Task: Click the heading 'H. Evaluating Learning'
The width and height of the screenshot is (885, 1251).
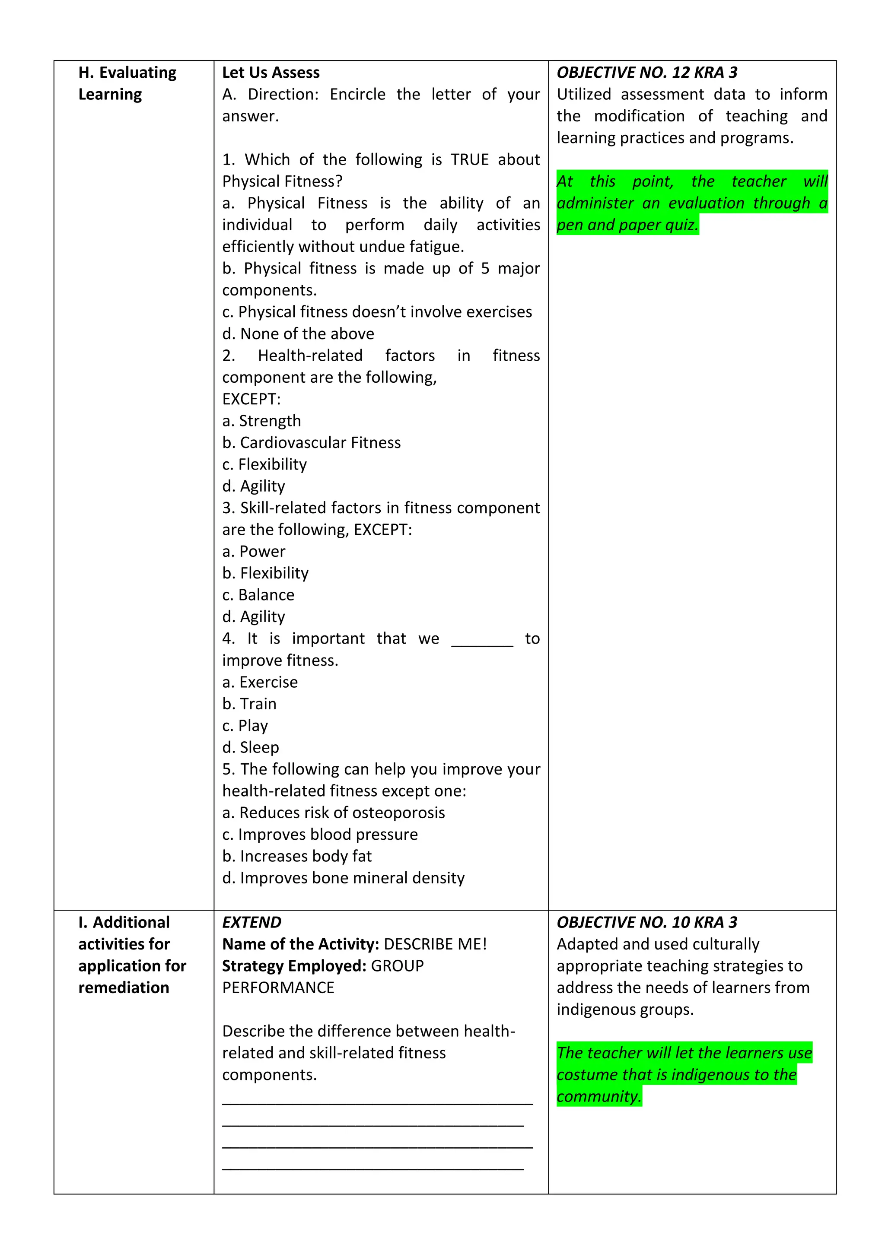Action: (x=127, y=83)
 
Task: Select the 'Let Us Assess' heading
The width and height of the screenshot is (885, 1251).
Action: (x=271, y=73)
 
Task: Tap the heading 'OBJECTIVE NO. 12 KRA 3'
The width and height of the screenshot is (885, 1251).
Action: (x=647, y=73)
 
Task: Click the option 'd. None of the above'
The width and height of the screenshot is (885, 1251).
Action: (x=298, y=333)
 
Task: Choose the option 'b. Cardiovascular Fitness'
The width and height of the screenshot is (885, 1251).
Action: (x=311, y=442)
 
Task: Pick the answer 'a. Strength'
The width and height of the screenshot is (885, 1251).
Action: (x=261, y=421)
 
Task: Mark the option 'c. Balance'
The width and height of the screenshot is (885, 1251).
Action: (x=258, y=595)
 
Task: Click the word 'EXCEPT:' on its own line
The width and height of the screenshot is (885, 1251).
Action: (x=251, y=399)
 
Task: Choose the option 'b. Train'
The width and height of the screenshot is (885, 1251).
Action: (x=249, y=704)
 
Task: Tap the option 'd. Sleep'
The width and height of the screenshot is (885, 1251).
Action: (x=251, y=748)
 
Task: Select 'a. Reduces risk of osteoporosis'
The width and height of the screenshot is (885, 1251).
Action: (x=334, y=813)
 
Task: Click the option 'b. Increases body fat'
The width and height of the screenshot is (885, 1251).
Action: (x=297, y=857)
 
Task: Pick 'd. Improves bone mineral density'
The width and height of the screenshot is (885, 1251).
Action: (x=343, y=878)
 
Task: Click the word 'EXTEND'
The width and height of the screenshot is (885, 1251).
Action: (x=252, y=922)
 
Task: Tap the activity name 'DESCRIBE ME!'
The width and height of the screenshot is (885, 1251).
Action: (x=435, y=944)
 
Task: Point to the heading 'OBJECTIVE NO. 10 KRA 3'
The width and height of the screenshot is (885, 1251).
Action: (x=647, y=922)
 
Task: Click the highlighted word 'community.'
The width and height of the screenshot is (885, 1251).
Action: (x=599, y=1096)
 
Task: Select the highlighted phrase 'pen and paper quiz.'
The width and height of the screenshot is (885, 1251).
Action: (x=627, y=225)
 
